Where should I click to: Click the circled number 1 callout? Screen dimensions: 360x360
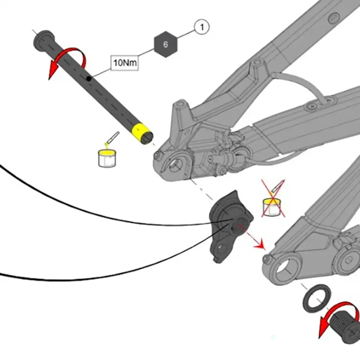[x=202, y=27]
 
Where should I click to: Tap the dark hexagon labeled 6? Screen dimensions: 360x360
[x=165, y=44]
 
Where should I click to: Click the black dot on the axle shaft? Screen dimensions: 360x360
[x=89, y=78]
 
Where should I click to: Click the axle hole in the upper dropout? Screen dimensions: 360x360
[x=177, y=165]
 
